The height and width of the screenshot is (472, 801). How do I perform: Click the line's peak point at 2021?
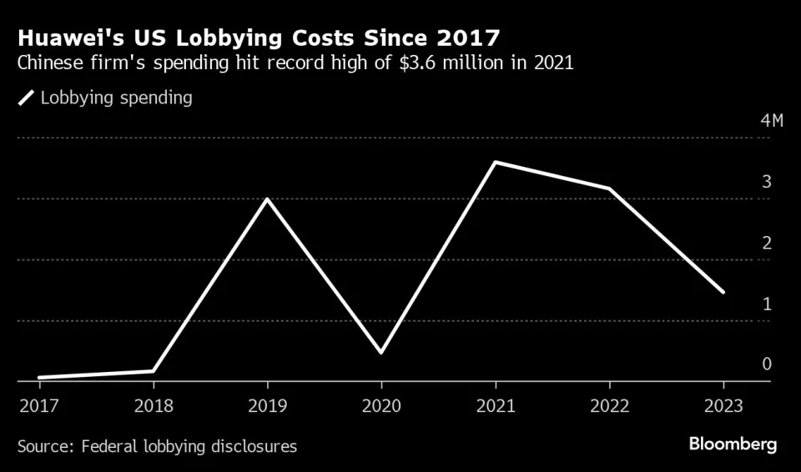click(x=496, y=163)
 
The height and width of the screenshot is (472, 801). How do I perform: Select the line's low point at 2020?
click(x=381, y=353)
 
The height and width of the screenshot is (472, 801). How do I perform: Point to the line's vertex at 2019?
click(x=267, y=199)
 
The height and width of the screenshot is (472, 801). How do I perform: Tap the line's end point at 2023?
click(x=723, y=293)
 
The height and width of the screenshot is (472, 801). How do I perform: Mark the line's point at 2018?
click(x=154, y=371)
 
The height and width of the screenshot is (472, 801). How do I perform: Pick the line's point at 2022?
click(x=609, y=189)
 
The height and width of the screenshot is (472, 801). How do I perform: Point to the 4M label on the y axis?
click(x=772, y=121)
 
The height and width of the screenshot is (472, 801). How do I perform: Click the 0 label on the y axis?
click(x=766, y=364)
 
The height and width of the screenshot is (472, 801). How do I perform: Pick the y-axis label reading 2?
click(x=766, y=243)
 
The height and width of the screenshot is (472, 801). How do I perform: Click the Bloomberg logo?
click(x=733, y=444)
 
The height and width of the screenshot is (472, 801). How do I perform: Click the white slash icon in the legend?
click(x=27, y=98)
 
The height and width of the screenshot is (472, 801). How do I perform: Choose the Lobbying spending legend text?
click(x=117, y=98)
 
